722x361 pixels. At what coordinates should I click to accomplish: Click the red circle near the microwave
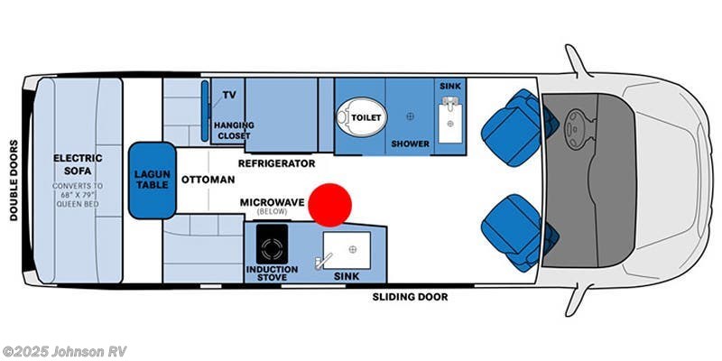coord(329,204)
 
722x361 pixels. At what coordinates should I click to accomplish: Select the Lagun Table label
coord(152,180)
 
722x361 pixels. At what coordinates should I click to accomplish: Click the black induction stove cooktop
coord(270,245)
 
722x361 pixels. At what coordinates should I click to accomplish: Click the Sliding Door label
coord(411,296)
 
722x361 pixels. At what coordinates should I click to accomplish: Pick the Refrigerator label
coord(276,163)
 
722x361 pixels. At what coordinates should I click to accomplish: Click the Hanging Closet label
coord(235,130)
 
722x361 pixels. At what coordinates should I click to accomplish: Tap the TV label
coord(229,95)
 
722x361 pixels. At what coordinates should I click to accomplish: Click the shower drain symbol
coord(410,116)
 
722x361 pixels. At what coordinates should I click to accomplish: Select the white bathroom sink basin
coord(449,119)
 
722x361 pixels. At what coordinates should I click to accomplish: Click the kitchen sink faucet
coord(319,262)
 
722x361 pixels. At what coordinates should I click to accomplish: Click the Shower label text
coord(409,143)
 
